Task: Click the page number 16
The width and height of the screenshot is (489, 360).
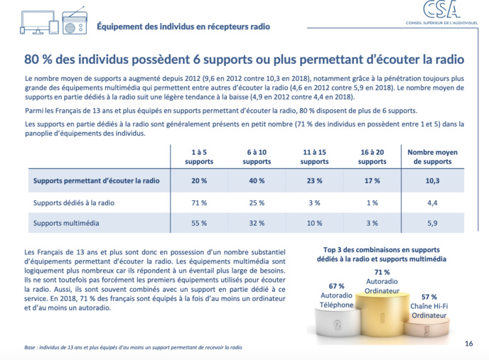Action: click(468, 343)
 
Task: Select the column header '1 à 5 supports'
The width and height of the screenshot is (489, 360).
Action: click(199, 157)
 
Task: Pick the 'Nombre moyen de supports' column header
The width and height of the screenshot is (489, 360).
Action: click(432, 157)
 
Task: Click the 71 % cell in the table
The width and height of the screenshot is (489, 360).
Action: click(199, 202)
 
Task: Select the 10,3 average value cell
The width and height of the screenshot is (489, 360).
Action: click(432, 180)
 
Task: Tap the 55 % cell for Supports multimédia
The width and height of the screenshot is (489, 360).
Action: click(199, 223)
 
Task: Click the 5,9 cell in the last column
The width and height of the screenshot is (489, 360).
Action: click(432, 223)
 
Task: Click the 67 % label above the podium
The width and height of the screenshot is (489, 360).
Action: click(336, 286)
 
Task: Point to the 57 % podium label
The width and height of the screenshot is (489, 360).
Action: click(429, 297)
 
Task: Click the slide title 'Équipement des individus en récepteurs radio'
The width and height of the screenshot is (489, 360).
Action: click(183, 26)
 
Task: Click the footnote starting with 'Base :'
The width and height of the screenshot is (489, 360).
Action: click(134, 348)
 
